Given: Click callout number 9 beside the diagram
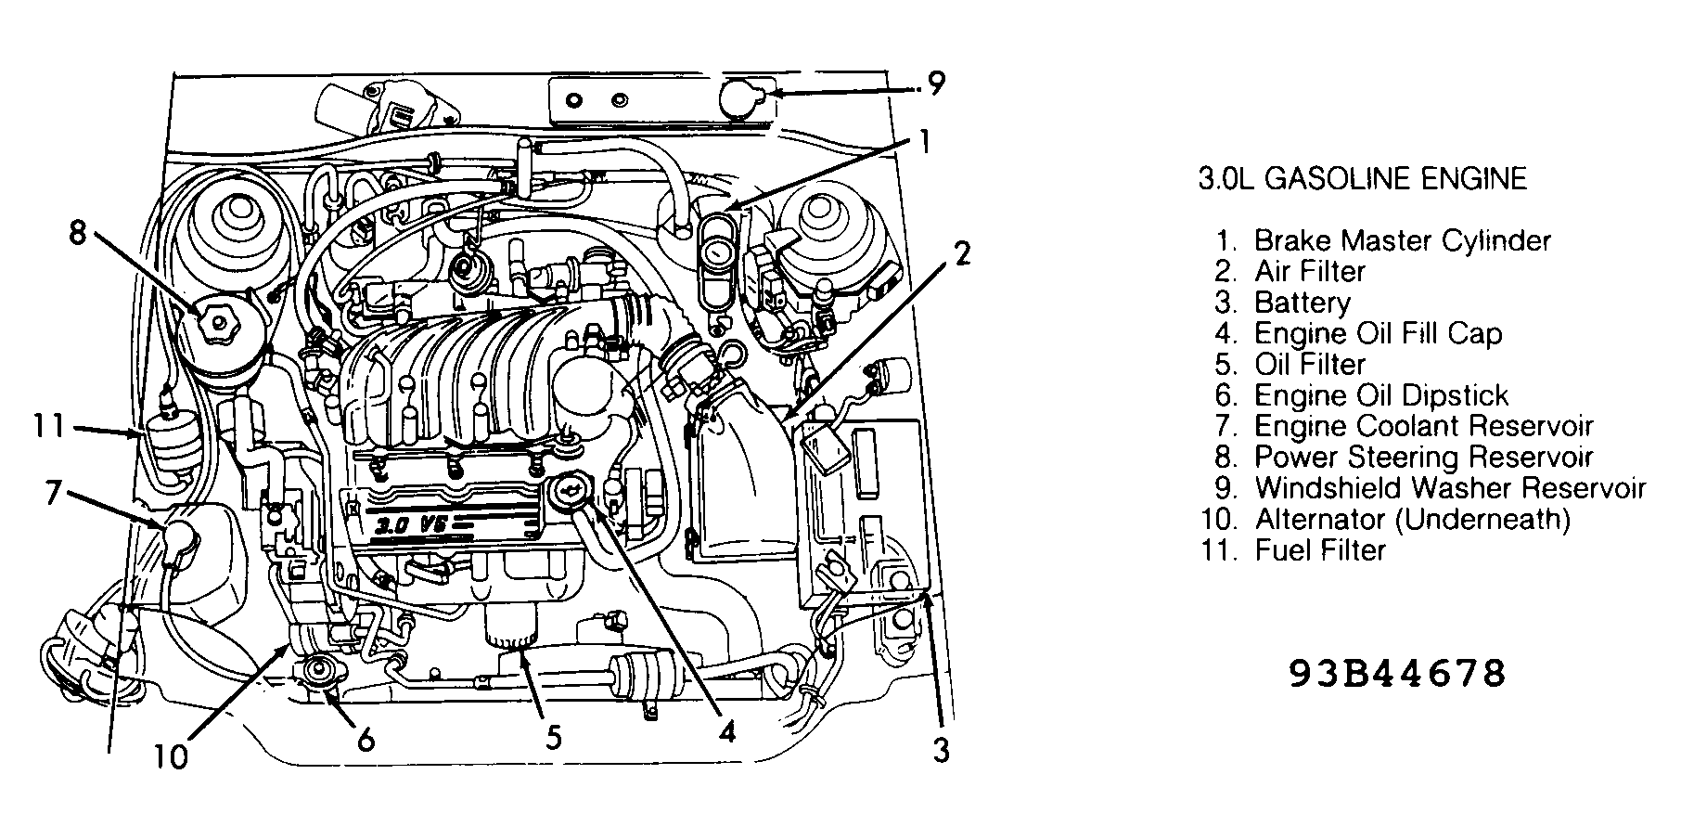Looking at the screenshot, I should [935, 84].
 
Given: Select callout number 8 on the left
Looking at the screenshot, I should [78, 231].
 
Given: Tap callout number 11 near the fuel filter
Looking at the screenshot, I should [47, 427].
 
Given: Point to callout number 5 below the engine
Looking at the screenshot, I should [553, 738].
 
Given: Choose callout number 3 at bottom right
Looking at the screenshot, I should [942, 750].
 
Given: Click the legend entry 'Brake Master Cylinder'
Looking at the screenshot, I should [1401, 241].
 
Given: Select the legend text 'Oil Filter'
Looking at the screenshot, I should [1309, 365].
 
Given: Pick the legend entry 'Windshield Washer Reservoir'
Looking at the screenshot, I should [1449, 488].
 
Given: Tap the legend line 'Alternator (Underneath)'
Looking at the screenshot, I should [1411, 519].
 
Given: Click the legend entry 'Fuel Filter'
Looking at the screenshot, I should [1319, 550].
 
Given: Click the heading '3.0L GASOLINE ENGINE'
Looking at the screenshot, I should [1362, 178].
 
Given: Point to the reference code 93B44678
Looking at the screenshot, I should [1397, 674].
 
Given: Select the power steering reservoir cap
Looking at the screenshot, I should [218, 322].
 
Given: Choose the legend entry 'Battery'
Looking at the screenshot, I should [1302, 303].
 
